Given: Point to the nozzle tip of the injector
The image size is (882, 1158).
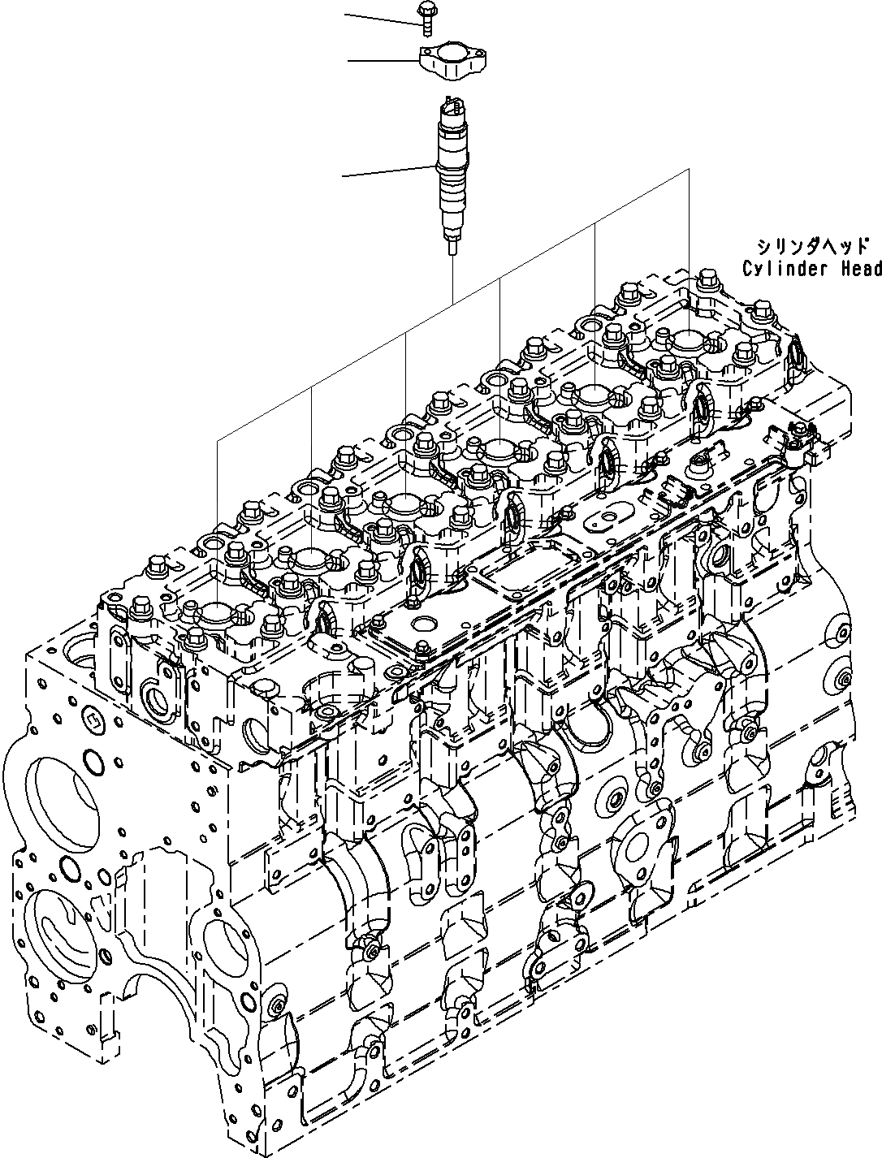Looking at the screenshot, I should pyautogui.click(x=451, y=244).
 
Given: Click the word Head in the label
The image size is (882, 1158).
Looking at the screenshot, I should pyautogui.click(x=859, y=268).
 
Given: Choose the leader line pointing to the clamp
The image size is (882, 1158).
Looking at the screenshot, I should pyautogui.click(x=382, y=60).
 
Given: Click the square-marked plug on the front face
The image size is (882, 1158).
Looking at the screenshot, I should pyautogui.click(x=93, y=719).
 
